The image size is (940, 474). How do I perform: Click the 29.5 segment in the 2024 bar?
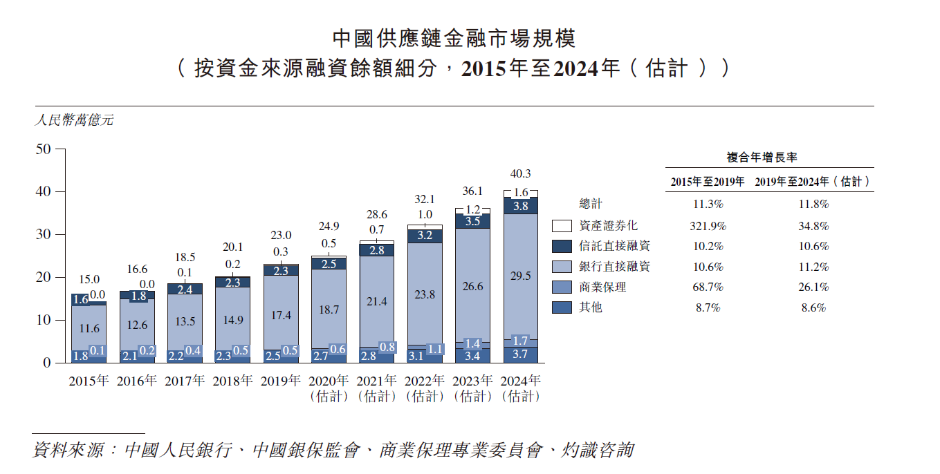click(520, 276)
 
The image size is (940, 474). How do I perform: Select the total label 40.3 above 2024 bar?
click(520, 173)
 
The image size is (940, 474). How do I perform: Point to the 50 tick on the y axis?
click(43, 149)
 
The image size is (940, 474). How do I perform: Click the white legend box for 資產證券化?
click(562, 226)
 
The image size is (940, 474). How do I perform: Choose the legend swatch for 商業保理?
click(562, 287)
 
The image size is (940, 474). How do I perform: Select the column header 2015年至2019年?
click(707, 182)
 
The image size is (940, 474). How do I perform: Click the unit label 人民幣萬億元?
click(74, 120)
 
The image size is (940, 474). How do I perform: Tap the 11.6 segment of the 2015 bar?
click(89, 329)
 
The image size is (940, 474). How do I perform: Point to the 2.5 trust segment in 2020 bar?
click(329, 263)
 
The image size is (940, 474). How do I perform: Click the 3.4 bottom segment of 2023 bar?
click(472, 357)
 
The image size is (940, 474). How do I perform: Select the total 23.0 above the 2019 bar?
click(281, 236)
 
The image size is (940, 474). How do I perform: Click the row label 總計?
click(591, 204)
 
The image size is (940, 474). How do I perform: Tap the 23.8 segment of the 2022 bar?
click(425, 294)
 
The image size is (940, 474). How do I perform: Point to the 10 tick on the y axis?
click(43, 320)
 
